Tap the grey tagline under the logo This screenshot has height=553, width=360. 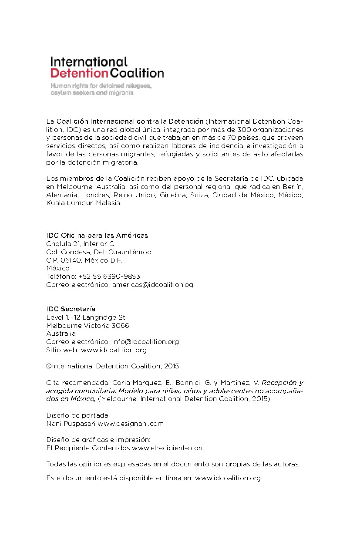pos(101,89)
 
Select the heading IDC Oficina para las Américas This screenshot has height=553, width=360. pos(97,236)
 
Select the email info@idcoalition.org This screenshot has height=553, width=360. pos(145,342)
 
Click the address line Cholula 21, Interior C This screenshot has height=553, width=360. pos(80,244)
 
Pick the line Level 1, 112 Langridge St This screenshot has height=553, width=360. pos(86,317)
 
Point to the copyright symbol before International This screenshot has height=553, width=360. pos(49,366)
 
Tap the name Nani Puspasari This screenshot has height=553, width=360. pos(71,423)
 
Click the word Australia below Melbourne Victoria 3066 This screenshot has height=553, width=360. pos(61,334)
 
